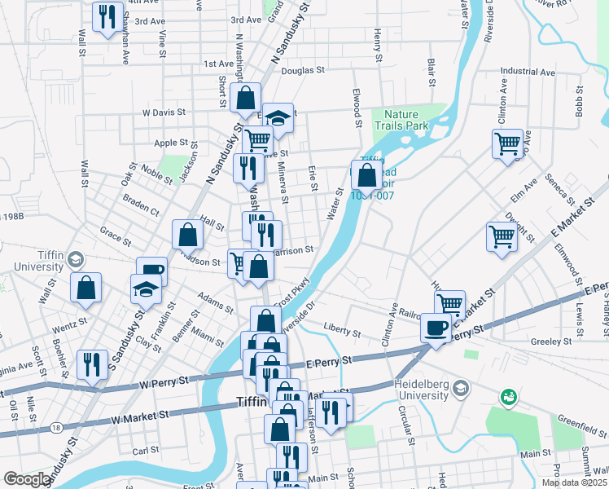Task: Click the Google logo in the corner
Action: tap(27, 479)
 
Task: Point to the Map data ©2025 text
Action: tap(574, 482)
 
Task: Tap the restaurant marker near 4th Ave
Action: tap(107, 16)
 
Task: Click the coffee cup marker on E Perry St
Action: tap(436, 328)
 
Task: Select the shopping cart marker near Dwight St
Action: tap(502, 237)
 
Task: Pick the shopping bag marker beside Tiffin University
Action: tap(85, 288)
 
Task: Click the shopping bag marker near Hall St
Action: tap(187, 235)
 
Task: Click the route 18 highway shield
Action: tap(55, 427)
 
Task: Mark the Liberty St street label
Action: tap(342, 333)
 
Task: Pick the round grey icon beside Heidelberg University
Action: tap(461, 385)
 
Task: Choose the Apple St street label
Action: tap(171, 143)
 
